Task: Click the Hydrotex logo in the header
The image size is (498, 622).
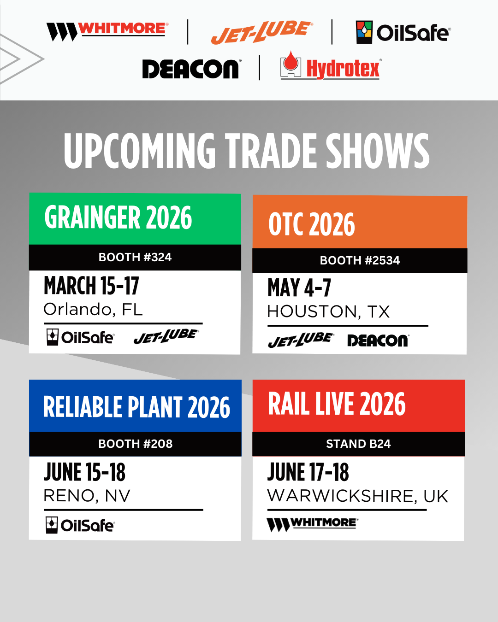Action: [x=331, y=65]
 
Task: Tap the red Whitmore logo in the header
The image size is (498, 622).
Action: [x=107, y=31]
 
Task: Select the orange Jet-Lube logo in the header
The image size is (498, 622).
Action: [x=262, y=32]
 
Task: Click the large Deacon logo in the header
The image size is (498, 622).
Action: [x=192, y=69]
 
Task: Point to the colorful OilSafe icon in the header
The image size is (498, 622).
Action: [x=364, y=32]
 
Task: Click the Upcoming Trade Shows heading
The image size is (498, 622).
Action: [x=247, y=151]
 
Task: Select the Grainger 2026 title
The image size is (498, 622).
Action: [x=118, y=217]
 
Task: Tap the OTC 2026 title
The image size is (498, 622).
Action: [x=312, y=224]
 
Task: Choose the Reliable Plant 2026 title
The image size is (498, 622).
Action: [x=136, y=407]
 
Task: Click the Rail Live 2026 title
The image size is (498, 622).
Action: [x=337, y=404]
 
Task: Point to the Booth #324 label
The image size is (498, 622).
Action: [x=135, y=257]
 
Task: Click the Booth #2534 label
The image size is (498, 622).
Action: [x=360, y=260]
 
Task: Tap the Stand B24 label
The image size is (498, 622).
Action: [x=359, y=444]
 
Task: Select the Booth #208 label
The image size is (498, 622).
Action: [x=136, y=444]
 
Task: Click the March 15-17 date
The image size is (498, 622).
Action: [x=91, y=286]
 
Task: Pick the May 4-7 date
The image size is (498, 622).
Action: [x=299, y=288]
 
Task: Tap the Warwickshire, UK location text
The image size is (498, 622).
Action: [x=358, y=496]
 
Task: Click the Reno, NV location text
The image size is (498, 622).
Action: [x=87, y=496]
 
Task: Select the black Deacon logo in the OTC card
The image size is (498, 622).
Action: [x=379, y=340]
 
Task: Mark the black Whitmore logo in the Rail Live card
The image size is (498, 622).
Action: [x=313, y=525]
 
